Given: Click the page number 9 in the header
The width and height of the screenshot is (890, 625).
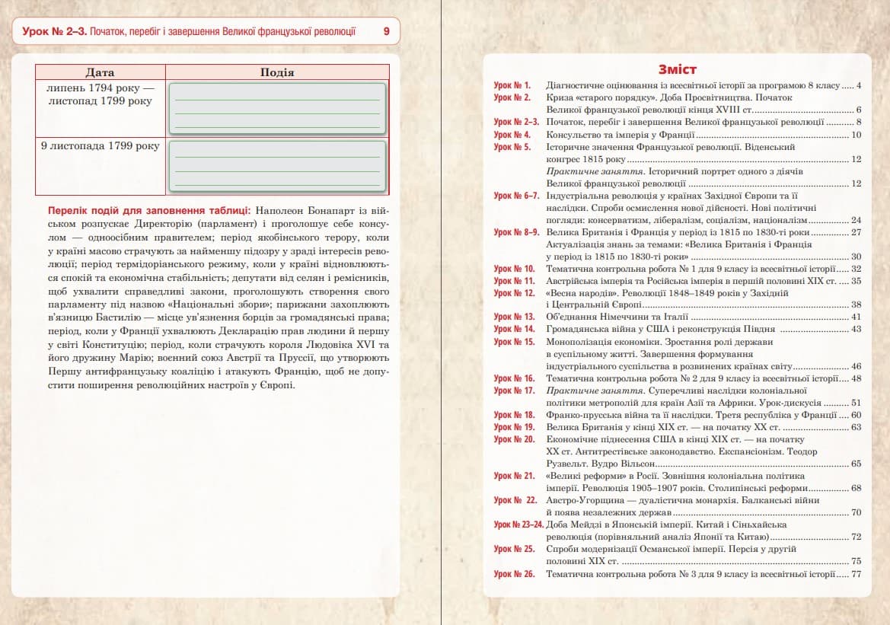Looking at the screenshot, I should pos(386,32).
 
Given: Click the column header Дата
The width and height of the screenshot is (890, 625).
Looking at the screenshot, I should pos(100,72).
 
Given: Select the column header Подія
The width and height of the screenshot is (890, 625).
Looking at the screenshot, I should pos(277,72).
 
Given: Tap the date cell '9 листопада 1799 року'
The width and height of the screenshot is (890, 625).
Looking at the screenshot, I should pos(100,145).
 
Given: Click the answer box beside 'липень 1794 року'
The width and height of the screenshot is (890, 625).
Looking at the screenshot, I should pos(277,108).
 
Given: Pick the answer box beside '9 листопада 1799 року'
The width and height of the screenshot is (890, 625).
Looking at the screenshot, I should pos(277,166).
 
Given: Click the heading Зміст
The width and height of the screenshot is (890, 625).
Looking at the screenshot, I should pos(678,70).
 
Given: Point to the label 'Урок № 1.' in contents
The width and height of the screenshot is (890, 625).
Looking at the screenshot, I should pos(512,85).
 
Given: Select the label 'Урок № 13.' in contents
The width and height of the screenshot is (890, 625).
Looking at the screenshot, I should pos(514,317).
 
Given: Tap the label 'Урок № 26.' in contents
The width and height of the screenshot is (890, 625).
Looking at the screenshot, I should pos(514,573).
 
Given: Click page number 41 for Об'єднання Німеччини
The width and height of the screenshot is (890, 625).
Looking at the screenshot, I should pos(856,317).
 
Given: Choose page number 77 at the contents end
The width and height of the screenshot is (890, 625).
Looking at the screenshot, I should pos(856,573).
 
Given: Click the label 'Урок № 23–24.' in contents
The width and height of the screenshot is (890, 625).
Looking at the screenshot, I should pos(518,525).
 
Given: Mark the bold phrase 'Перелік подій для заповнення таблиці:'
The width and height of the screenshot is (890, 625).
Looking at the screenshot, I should pos(149,209).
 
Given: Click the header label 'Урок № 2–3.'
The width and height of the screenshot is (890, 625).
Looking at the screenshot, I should pos(54,32).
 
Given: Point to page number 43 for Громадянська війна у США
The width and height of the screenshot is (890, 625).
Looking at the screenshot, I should pos(856,329).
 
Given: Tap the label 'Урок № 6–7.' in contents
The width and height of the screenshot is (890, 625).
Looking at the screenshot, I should pos(516,196).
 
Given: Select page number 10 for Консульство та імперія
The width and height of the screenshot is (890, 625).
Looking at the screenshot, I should pos(856,135).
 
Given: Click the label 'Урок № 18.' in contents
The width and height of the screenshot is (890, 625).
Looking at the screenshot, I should pos(514,415).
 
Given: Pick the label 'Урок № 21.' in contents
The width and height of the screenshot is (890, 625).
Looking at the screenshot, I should pos(514,476).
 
